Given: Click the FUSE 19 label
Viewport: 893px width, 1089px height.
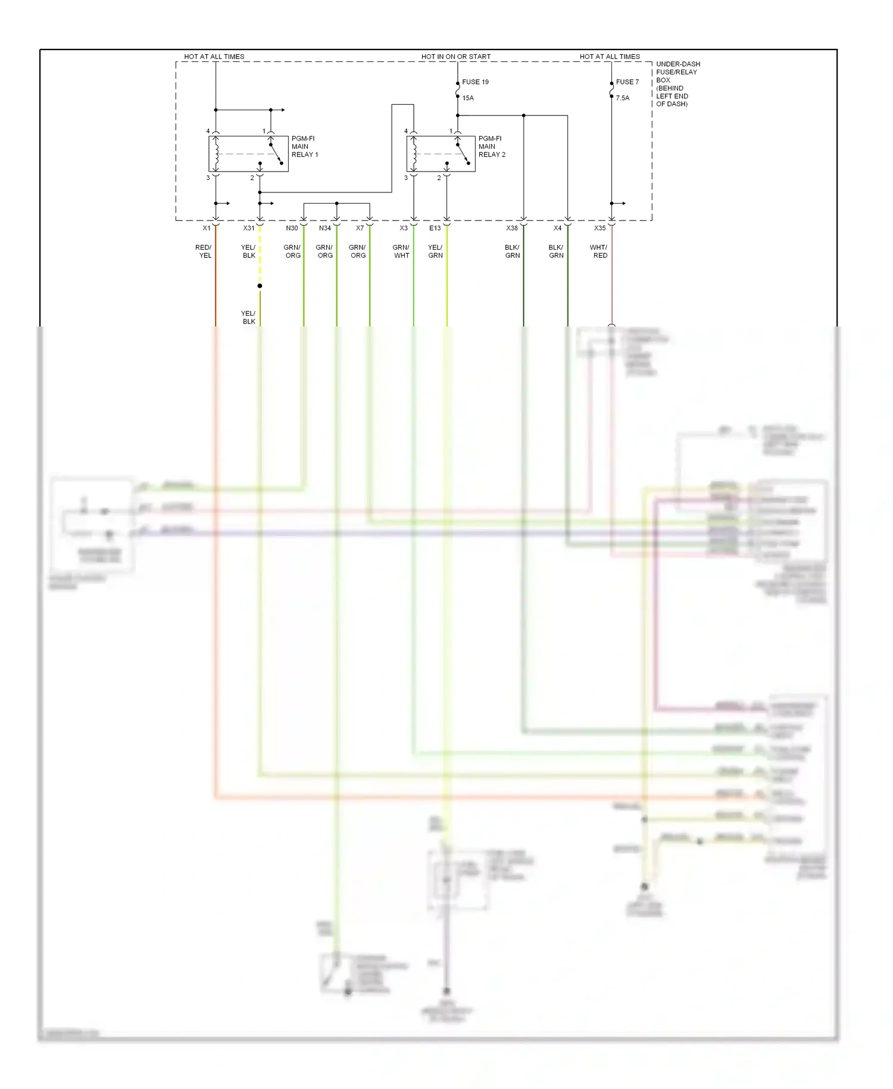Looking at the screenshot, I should point(475,82).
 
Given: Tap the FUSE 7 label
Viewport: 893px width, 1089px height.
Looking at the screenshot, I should point(627,82).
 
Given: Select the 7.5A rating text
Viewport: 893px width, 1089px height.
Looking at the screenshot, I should point(622,98).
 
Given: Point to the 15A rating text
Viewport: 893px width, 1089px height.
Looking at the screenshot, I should point(468,98).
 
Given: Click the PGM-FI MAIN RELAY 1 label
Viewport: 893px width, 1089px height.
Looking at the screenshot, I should point(305,147).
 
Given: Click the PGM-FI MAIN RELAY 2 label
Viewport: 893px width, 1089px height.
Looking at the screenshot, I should point(492,147).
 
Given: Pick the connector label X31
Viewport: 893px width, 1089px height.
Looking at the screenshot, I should point(249,228).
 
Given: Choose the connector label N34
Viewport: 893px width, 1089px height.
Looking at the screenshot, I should point(325,228).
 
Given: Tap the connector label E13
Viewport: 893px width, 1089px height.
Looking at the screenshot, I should point(435,228).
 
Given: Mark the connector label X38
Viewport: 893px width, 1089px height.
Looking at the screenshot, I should point(512,228).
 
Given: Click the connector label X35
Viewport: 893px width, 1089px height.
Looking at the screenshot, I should point(600,228).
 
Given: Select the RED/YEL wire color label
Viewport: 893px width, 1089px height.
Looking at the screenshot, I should point(204,251).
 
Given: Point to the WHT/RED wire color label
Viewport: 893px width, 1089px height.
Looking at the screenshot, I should point(599,251).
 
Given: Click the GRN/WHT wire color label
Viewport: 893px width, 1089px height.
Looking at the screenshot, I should point(401,251).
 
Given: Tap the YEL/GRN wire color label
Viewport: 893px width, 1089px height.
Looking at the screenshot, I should point(435,251).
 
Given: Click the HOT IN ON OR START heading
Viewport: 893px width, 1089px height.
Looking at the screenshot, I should point(456,57).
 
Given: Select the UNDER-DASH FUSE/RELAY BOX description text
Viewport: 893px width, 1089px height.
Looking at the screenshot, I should point(677,84).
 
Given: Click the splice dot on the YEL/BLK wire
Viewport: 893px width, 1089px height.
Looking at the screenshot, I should point(260,286).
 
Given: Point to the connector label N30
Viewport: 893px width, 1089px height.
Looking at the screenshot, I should point(292,228).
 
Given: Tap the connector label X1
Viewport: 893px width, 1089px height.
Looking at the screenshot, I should point(207,228).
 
